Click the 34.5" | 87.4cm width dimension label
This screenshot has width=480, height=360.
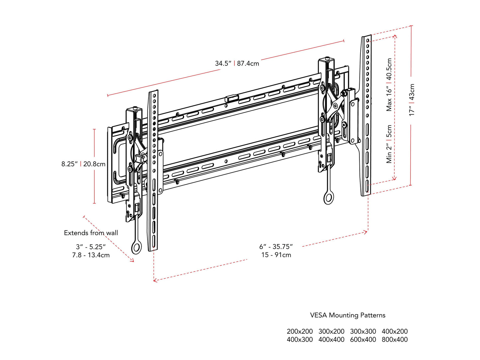point(237,63)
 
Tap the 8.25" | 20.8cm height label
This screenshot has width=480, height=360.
point(83,164)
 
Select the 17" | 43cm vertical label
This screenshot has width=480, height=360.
point(412,100)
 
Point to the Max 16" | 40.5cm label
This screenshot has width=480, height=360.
point(389,85)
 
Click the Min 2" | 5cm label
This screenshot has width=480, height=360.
point(389,144)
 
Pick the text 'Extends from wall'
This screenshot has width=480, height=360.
point(91,233)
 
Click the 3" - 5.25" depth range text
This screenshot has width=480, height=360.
point(91,247)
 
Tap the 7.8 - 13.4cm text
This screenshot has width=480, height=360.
point(91,255)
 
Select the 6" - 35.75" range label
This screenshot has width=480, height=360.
point(276,246)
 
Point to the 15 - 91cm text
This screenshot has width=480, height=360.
point(276,255)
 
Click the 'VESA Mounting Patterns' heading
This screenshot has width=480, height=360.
point(347,315)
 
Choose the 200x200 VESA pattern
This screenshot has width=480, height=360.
point(300,331)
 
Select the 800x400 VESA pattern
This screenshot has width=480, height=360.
point(395,339)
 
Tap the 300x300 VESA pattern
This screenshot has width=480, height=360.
point(363,331)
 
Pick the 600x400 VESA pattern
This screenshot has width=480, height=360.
point(363,339)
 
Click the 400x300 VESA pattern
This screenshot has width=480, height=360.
point(300,339)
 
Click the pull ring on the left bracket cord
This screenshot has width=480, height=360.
point(136,248)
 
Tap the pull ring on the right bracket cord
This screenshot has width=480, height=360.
point(329,198)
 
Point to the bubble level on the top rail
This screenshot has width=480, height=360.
point(232,98)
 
